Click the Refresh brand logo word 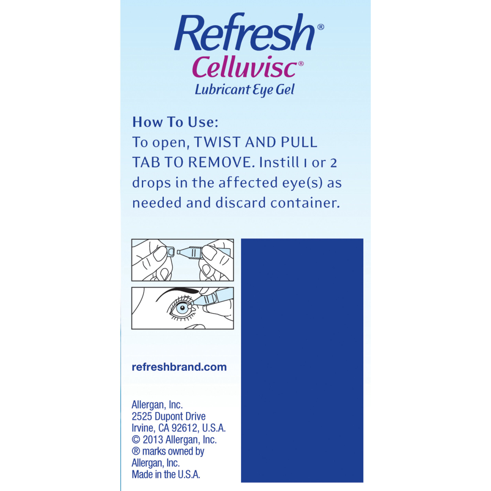click(x=244, y=33)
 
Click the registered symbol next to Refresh click(x=321, y=27)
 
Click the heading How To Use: click(x=175, y=122)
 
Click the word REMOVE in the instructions click(x=221, y=162)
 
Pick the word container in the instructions click(x=305, y=203)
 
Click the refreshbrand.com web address click(x=179, y=367)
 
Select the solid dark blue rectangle click(x=302, y=361)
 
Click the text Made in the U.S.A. click(x=166, y=475)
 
